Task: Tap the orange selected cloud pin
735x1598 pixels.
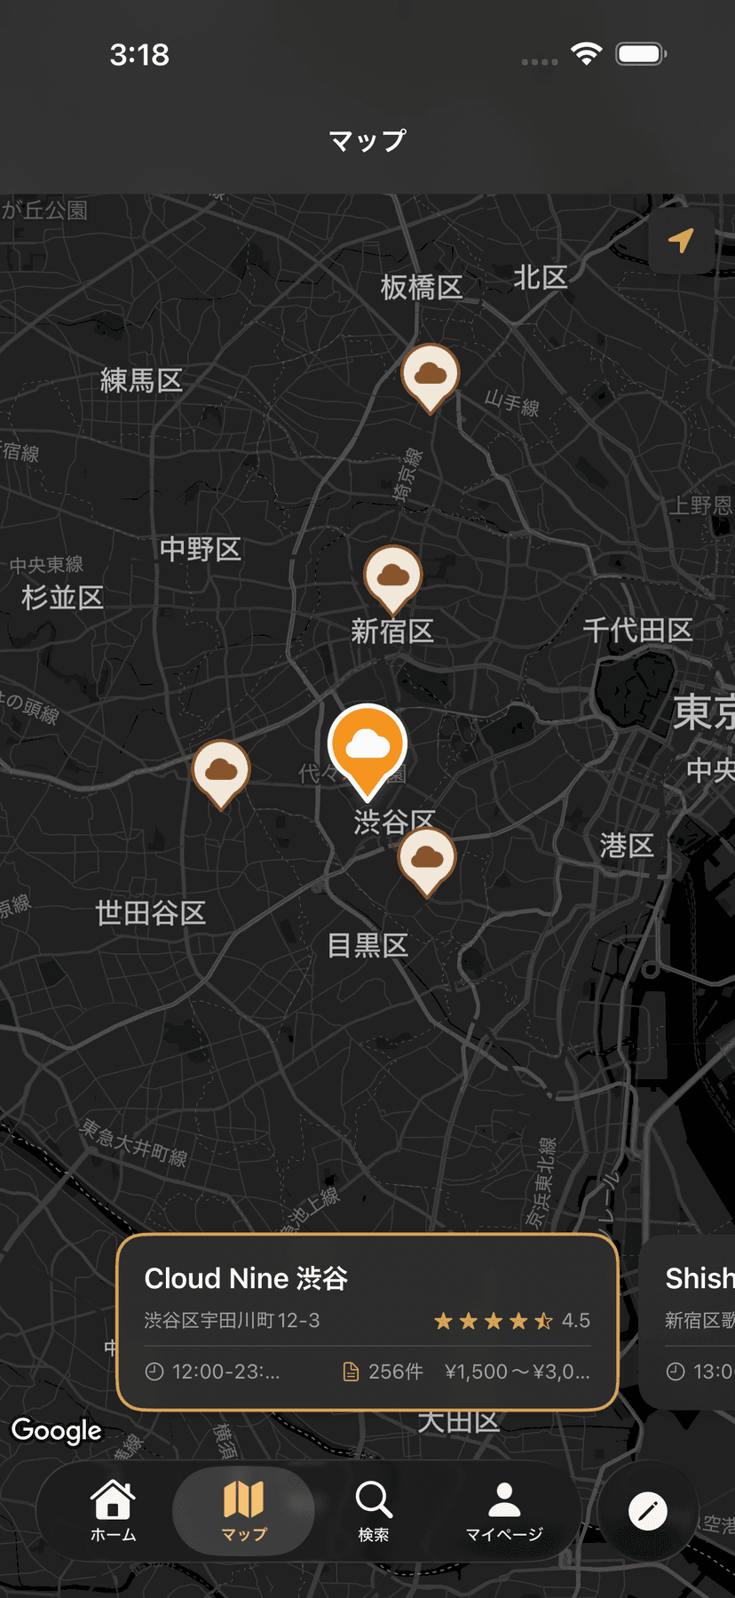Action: pos(367,744)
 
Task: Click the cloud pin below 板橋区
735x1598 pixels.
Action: pos(431,374)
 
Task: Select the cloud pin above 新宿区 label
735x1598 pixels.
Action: pos(393,576)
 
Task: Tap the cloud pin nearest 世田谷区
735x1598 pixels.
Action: pos(221,769)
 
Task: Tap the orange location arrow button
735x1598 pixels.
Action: pos(681,241)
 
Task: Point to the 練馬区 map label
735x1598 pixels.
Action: pos(141,381)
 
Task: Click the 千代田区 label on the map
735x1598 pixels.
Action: pos(637,631)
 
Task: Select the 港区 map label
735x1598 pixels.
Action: pos(627,846)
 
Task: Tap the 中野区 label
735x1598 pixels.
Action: pos(201,549)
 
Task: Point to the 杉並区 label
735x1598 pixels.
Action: pos(63,597)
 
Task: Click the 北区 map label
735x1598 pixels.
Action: pos(541,278)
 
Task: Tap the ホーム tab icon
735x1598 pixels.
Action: pos(114,1509)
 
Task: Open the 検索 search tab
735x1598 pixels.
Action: pos(374,1509)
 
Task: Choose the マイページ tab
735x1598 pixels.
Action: pos(504,1509)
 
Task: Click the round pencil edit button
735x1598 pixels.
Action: pos(648,1511)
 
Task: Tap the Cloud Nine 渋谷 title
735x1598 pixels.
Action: pos(246,1278)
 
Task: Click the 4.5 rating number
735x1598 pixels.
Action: pos(575,1321)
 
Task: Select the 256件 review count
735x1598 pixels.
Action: pos(395,1371)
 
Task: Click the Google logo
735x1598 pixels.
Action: pos(57,1430)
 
